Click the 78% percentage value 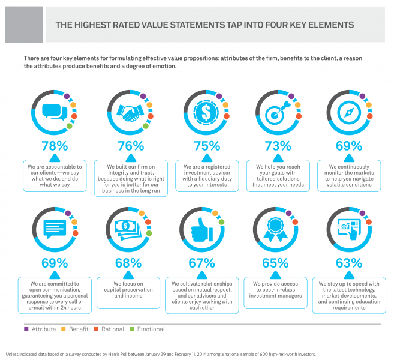click(55, 146)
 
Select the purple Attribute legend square click(26, 329)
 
